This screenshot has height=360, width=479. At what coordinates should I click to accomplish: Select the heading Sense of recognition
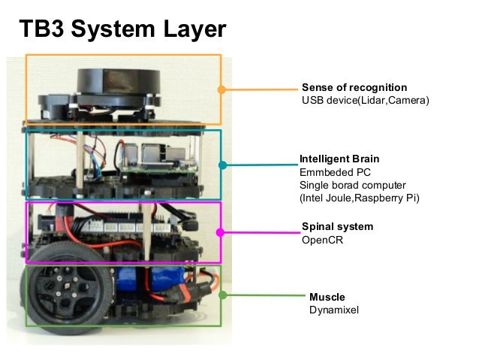(354, 87)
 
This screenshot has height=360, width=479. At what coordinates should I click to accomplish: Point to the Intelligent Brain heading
(339, 159)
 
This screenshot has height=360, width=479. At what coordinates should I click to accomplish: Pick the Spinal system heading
(337, 226)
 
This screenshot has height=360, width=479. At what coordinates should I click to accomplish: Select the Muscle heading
(327, 297)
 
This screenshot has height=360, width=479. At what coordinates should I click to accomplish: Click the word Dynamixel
(334, 310)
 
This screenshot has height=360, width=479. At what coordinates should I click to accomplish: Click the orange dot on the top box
(221, 89)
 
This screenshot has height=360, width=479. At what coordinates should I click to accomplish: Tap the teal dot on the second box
(222, 165)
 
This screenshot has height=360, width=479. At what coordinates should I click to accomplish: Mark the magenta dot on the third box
(221, 232)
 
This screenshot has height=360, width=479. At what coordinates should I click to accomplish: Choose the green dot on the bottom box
(222, 295)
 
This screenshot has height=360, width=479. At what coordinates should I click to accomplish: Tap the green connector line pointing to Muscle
(263, 295)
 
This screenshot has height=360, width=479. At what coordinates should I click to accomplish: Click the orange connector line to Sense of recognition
(259, 89)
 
